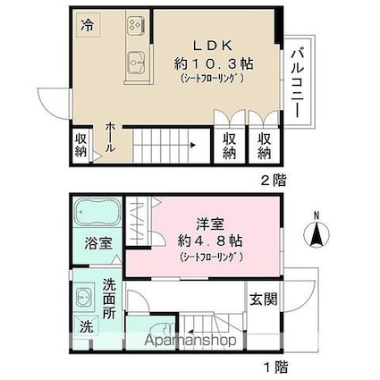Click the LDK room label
point(213,46)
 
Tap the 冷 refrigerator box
point(88,25)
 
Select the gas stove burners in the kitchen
point(137,24)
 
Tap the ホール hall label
point(110,137)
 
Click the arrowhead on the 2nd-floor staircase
point(193,146)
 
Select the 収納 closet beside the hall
point(80,145)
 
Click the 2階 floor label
point(274,180)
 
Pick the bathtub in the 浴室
point(97,212)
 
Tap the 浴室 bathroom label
point(98,243)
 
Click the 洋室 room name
point(210,224)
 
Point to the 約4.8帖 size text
point(210,241)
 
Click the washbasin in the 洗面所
point(84,297)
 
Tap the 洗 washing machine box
point(86,327)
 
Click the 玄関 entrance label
point(263,300)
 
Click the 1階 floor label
point(276,367)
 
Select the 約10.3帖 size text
point(214,63)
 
